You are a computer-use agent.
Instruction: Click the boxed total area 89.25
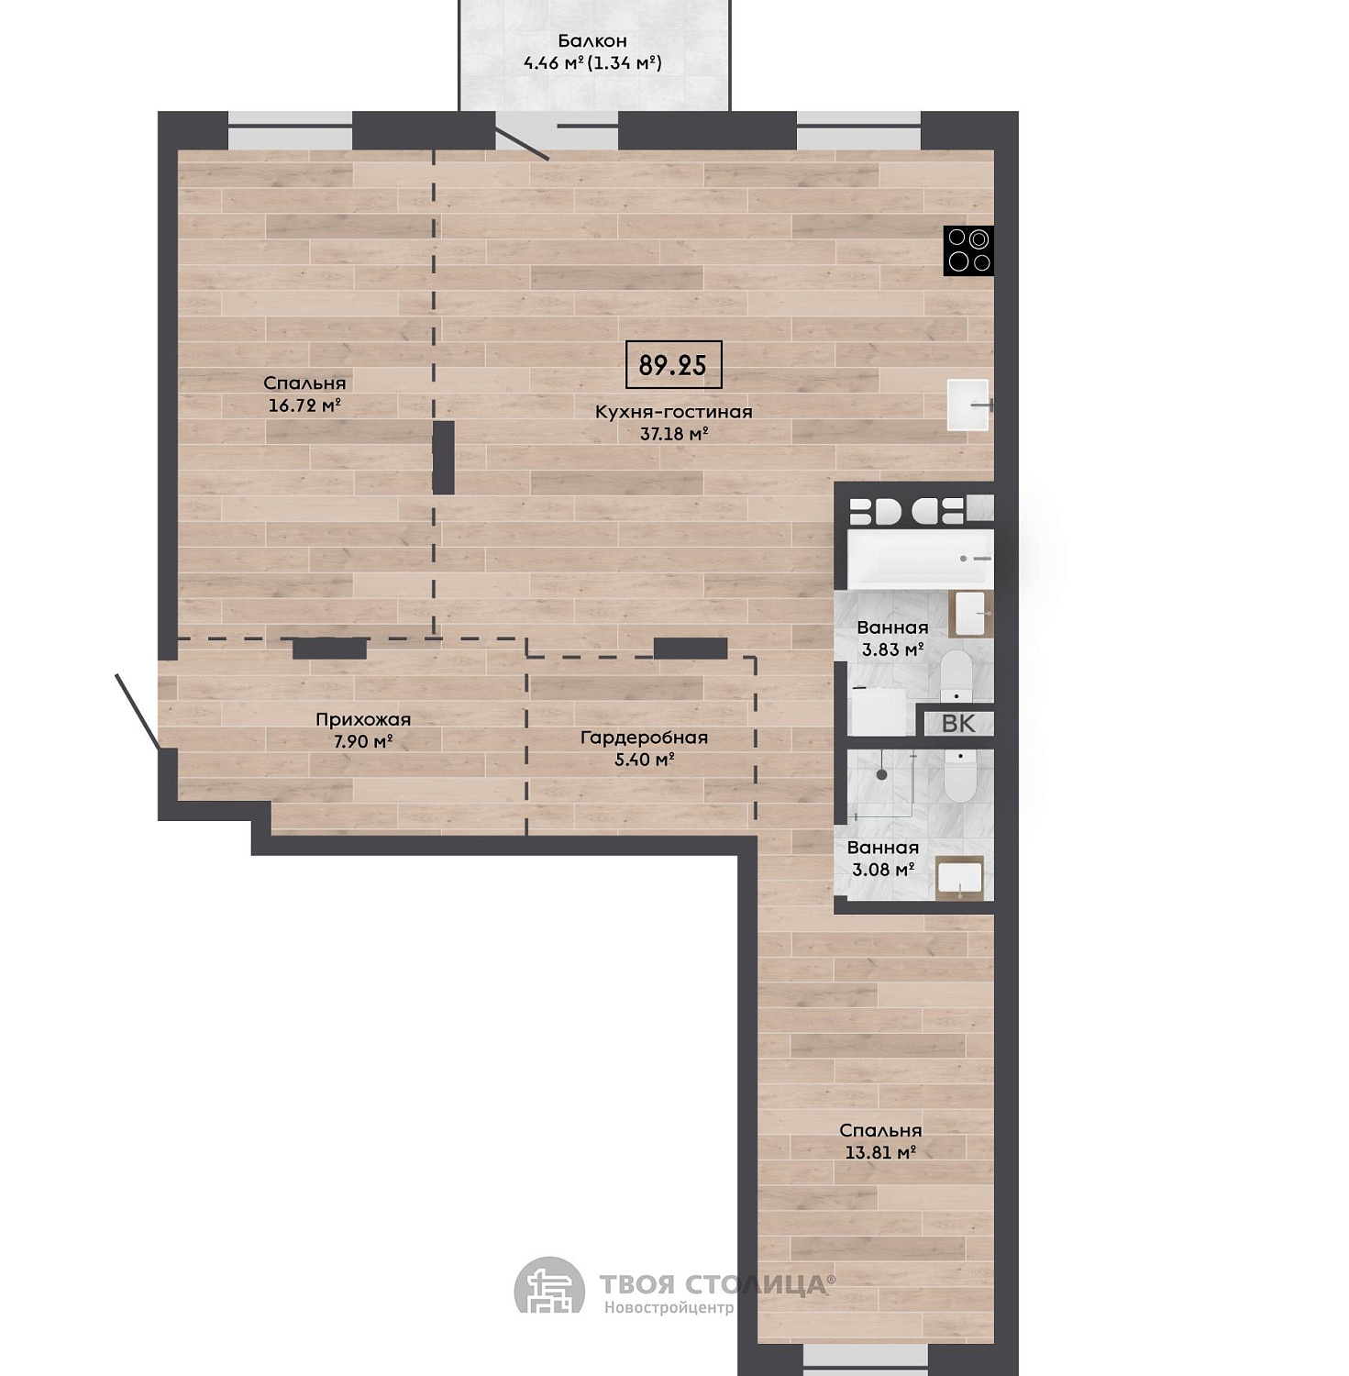[x=673, y=365]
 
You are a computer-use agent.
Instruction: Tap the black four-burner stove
[x=968, y=250]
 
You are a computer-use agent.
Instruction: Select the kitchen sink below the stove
[x=968, y=405]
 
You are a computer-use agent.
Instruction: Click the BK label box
[x=958, y=723]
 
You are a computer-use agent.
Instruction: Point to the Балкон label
[x=592, y=40]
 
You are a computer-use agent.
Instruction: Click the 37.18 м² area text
[x=674, y=434]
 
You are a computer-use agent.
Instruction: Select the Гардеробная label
[x=644, y=738]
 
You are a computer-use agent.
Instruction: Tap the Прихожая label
[x=363, y=720]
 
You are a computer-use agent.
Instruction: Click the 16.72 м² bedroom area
[x=304, y=405]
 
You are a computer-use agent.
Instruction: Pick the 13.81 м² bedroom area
[x=880, y=1153]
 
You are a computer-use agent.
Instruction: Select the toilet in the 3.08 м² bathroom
[x=961, y=776]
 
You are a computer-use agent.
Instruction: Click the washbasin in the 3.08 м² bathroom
[x=960, y=879]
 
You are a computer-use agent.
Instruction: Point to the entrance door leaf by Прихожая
[x=138, y=712]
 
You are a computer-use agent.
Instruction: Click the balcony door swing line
[x=522, y=141]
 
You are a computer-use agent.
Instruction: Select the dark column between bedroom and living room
[x=444, y=458]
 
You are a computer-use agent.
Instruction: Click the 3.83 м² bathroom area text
[x=892, y=650]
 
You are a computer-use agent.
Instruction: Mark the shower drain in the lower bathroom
[x=882, y=775]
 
